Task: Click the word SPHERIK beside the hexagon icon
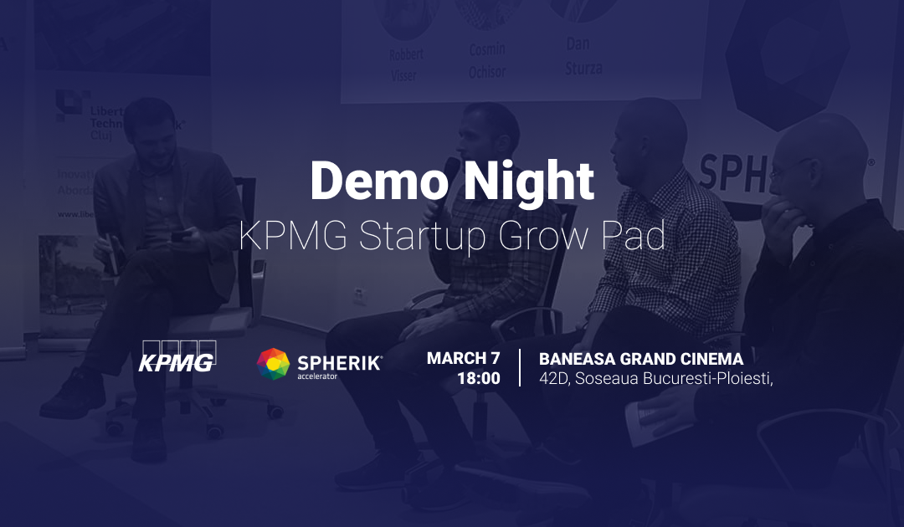click(x=340, y=362)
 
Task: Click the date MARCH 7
click(x=463, y=358)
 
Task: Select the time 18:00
click(x=478, y=379)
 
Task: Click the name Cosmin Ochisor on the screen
click(x=487, y=61)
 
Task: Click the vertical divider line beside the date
click(x=520, y=368)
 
